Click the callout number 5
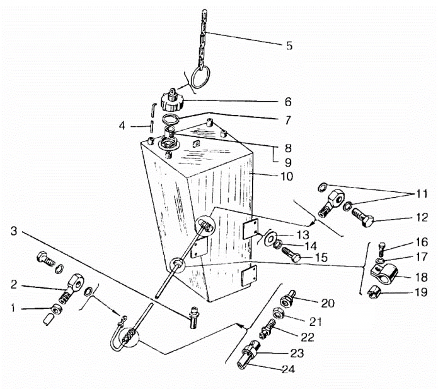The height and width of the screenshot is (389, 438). [x=289, y=45]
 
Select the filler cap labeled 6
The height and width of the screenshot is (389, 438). [x=172, y=100]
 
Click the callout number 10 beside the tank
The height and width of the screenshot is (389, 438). [x=287, y=176]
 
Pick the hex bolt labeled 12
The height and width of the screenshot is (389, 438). [x=362, y=217]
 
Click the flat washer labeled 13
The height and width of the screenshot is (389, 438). [x=269, y=237]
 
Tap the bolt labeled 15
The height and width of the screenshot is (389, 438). [x=291, y=254]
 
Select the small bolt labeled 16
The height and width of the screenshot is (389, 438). [x=382, y=249]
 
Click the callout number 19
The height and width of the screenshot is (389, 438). [x=422, y=292]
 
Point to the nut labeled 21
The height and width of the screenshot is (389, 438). [x=278, y=313]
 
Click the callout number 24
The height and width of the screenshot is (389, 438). [x=288, y=369]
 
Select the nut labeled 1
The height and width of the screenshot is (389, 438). [x=56, y=309]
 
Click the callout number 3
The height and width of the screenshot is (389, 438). [x=14, y=231]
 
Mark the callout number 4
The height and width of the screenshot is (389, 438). [x=122, y=126]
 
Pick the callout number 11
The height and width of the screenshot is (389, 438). [x=422, y=193]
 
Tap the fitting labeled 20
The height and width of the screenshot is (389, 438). [x=288, y=299]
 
